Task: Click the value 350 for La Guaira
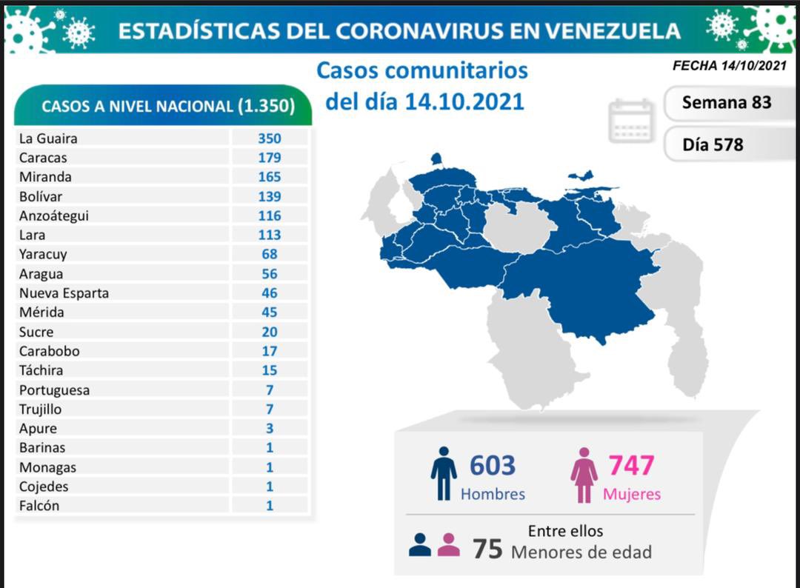[270, 138]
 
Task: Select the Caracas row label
[43, 157]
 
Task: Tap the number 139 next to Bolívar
[270, 196]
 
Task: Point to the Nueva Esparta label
[64, 293]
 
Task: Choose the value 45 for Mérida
[270, 312]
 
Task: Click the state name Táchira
[41, 370]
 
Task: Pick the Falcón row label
[40, 506]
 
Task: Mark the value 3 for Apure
[270, 428]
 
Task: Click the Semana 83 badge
[726, 102]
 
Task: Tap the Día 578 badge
[713, 144]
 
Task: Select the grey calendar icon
[631, 121]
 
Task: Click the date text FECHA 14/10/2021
[729, 65]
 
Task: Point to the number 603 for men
[492, 465]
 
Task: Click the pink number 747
[631, 465]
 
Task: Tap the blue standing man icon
[444, 473]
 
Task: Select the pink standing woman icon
[584, 475]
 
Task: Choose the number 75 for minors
[488, 549]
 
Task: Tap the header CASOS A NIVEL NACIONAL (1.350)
[167, 106]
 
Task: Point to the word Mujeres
[631, 494]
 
